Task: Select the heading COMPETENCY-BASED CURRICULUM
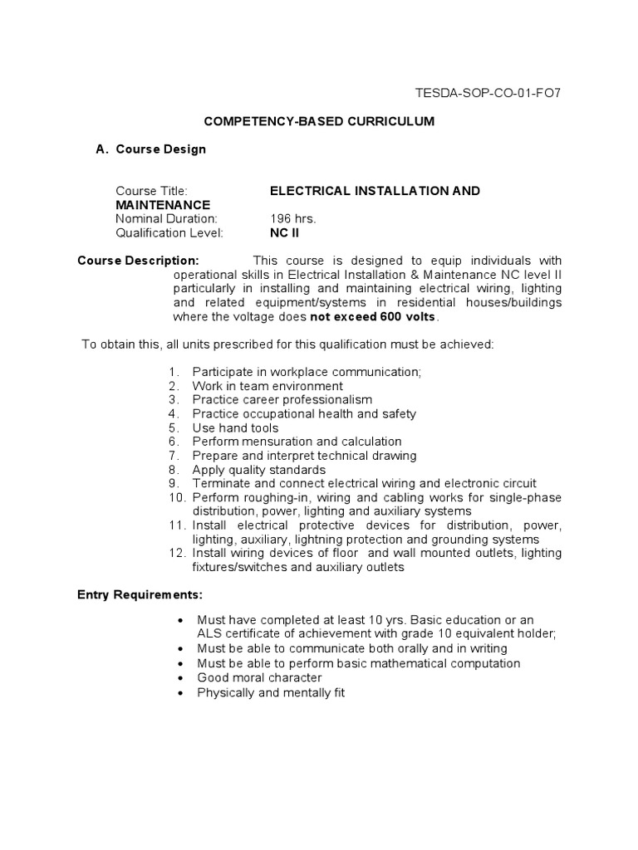point(319,121)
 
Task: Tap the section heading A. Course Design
point(151,149)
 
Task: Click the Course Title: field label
point(152,191)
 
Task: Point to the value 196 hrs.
point(292,218)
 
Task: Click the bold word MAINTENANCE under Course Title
point(163,204)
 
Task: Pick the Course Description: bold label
point(138,260)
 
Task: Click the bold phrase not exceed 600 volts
point(373,316)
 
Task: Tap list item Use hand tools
point(235,427)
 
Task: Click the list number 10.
point(174,497)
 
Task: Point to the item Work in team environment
point(267,386)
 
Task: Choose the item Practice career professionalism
point(282,400)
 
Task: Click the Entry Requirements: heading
point(140,595)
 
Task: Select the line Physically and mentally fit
point(270,691)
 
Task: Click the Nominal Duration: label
point(166,218)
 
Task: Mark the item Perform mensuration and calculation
point(297,442)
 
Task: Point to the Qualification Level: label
point(169,232)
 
